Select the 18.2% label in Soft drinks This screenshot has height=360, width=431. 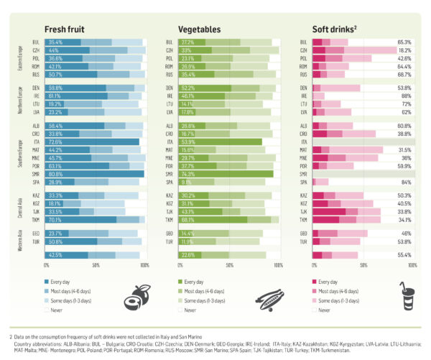[404, 51]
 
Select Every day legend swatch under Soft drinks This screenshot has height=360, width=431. [316, 283]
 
